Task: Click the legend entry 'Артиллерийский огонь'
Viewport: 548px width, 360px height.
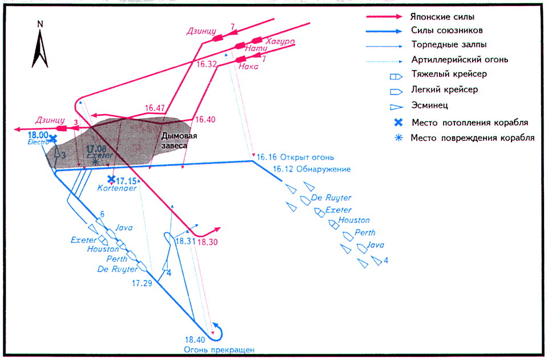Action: click(456, 59)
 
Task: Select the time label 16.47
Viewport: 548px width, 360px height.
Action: click(155, 108)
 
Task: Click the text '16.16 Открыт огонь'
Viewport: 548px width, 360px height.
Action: click(295, 157)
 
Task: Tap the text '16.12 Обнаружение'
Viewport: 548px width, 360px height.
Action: click(311, 169)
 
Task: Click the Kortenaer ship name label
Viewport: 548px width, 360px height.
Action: click(118, 188)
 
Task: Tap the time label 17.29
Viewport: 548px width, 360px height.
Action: click(142, 282)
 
